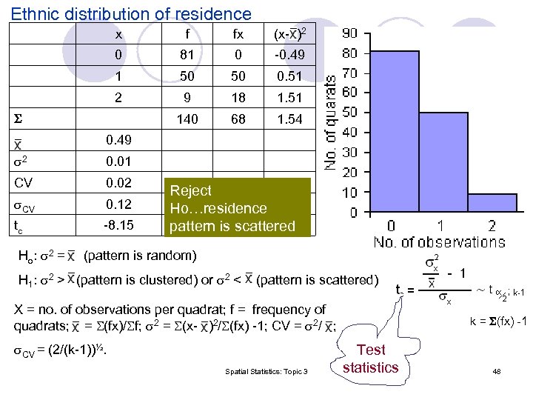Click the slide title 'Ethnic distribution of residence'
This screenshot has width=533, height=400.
coord(132,13)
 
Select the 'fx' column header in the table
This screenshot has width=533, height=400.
coord(238,34)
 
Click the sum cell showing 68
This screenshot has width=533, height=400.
coord(238,119)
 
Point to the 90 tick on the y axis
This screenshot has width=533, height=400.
coord(349,33)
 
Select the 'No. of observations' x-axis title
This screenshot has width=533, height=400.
coord(439,242)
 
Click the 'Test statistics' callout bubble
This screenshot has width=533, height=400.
coord(370,359)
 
